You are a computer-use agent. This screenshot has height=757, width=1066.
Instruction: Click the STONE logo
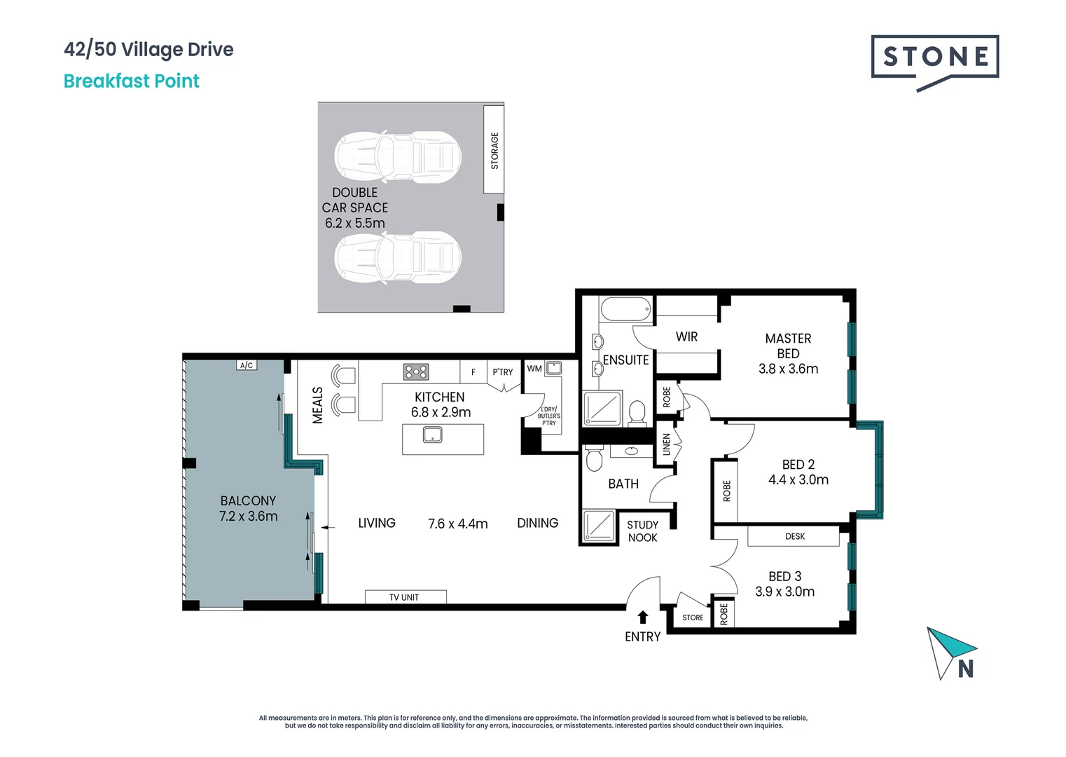(934, 57)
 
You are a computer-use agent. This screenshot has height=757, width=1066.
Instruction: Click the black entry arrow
(642, 617)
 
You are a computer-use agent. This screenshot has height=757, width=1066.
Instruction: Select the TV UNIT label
(404, 597)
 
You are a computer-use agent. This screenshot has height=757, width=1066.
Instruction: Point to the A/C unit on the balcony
(247, 365)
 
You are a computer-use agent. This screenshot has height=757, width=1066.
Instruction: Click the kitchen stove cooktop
(415, 371)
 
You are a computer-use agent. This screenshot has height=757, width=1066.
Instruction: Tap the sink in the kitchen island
(433, 435)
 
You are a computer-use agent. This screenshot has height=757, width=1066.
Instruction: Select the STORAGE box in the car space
(494, 150)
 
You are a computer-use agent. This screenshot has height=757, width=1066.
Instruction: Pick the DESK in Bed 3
(794, 536)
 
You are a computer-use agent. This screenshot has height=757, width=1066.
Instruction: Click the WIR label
(686, 337)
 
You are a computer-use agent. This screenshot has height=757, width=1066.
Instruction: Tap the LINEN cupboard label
(667, 444)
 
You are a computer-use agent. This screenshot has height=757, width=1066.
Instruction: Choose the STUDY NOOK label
(642, 531)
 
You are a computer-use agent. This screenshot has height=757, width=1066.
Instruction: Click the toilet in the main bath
(594, 460)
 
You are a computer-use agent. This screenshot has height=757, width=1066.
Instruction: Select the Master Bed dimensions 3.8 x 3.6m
(788, 369)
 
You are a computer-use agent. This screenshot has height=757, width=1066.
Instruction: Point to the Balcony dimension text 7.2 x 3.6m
(248, 517)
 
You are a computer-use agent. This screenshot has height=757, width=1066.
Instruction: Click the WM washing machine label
(534, 369)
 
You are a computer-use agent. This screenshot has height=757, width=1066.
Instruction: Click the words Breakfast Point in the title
(132, 81)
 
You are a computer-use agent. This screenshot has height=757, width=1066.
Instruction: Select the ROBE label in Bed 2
(726, 491)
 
